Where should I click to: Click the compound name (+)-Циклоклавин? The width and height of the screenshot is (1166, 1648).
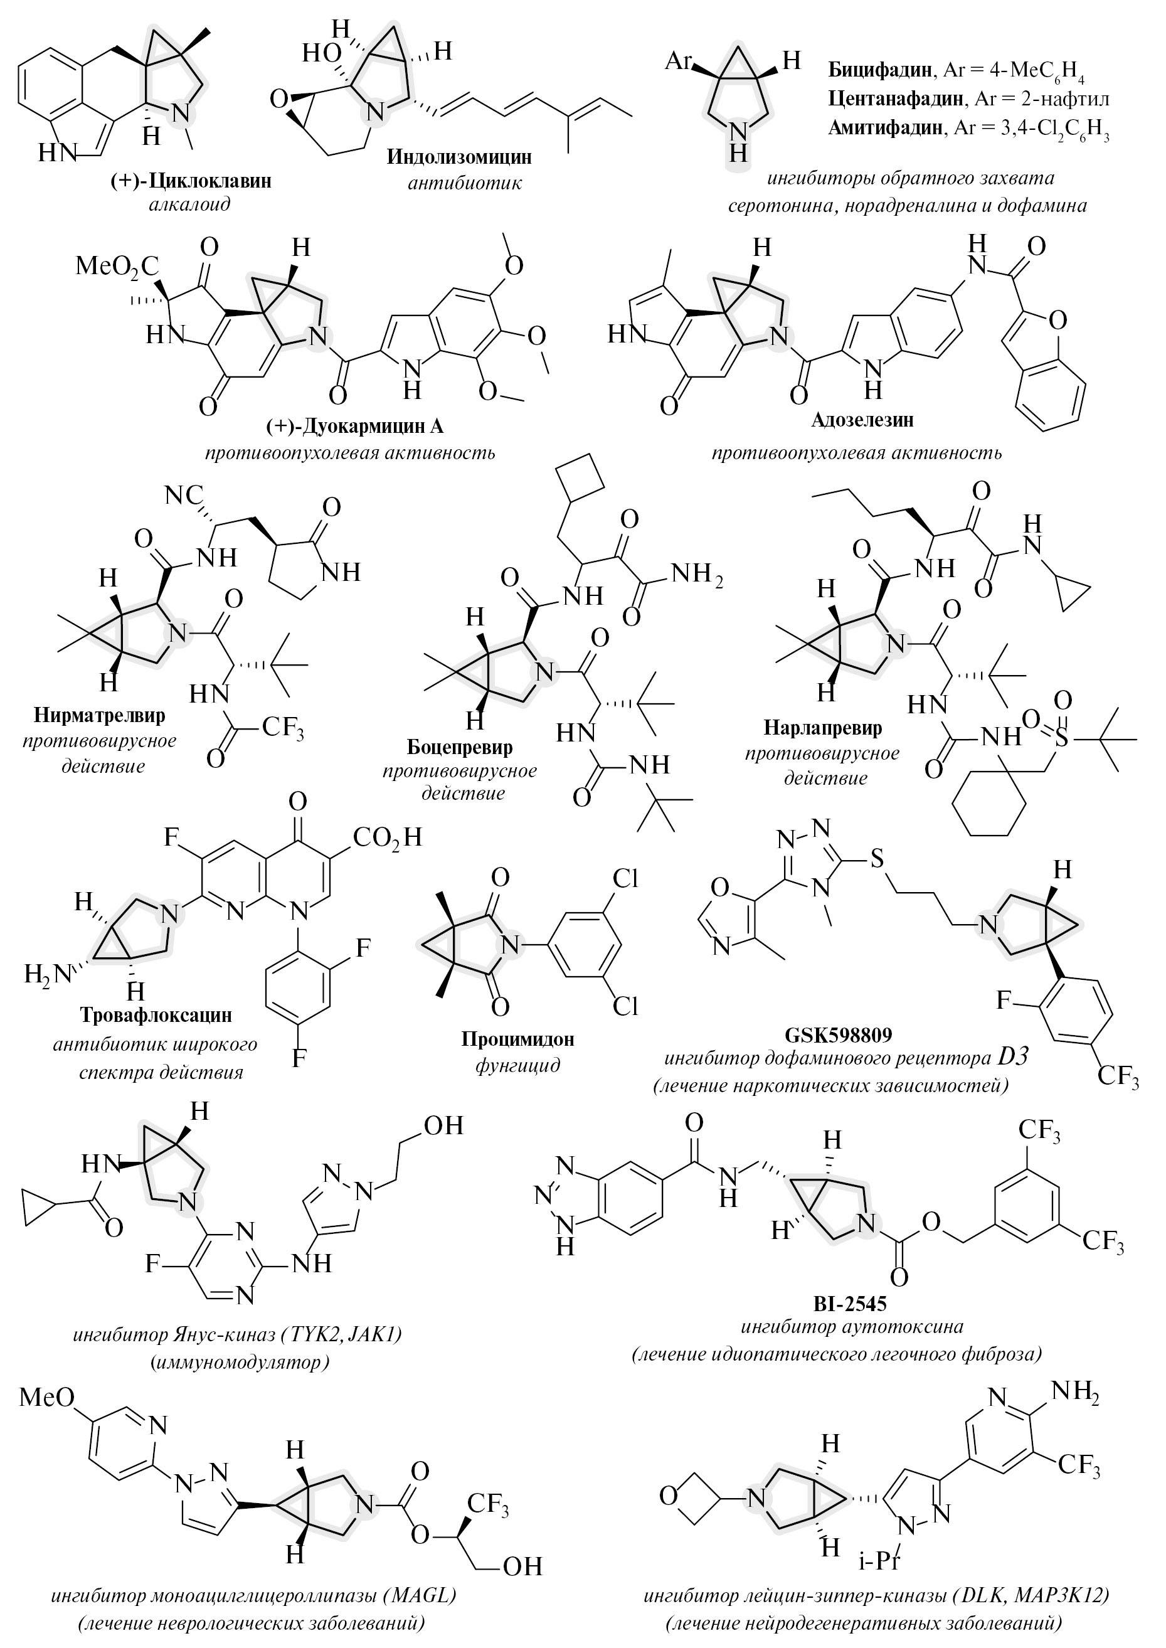(x=190, y=179)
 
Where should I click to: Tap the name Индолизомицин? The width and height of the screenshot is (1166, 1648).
(x=460, y=157)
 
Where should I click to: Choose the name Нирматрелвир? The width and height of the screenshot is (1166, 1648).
(x=99, y=715)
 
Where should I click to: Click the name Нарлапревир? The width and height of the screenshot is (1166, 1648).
(x=823, y=728)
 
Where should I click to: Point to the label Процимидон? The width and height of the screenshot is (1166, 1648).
(x=517, y=1039)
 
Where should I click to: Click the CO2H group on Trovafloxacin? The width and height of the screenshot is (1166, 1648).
(x=387, y=837)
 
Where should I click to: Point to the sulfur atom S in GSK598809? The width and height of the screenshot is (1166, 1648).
(x=877, y=859)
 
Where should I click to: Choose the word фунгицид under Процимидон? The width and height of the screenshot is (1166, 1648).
(x=517, y=1065)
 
